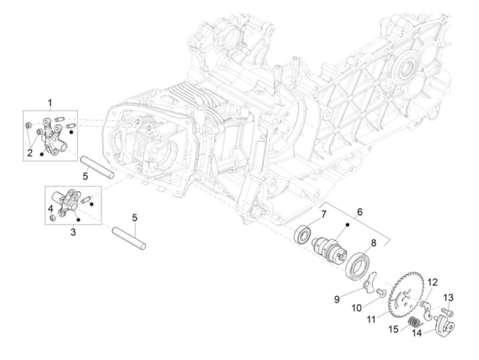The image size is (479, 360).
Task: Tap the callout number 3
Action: tap(73, 232)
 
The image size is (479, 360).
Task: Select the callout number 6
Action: tap(360, 212)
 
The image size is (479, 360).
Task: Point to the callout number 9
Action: tap(337, 299)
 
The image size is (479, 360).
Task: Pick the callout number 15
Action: tap(393, 329)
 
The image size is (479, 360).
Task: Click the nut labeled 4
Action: tap(52, 218)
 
